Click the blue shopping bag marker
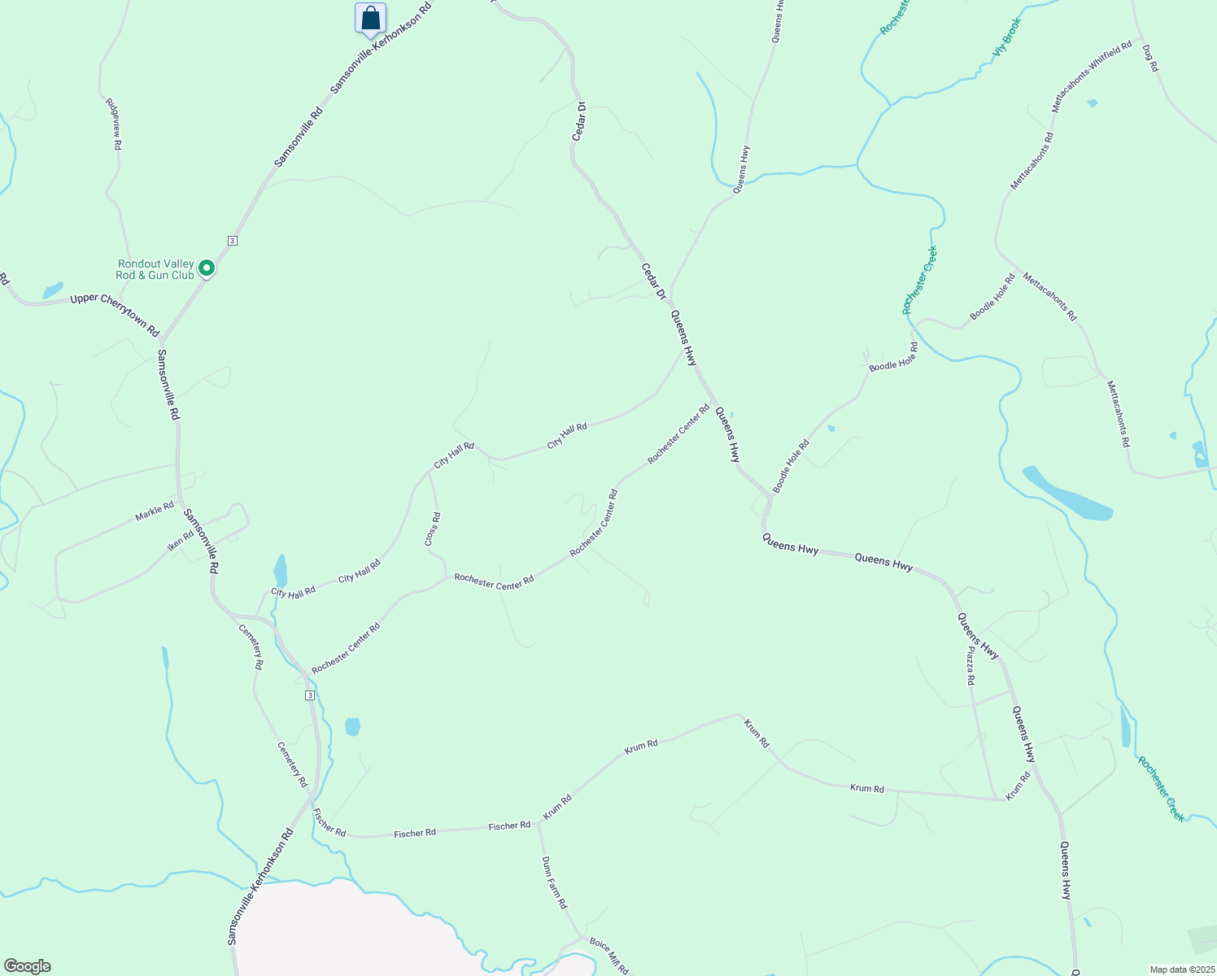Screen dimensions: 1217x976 370,18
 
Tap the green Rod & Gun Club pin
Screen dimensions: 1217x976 207,268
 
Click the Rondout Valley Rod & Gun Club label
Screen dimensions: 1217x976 155,269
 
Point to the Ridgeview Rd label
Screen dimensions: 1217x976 113,124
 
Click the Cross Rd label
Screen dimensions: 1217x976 432,529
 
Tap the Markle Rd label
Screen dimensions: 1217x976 155,512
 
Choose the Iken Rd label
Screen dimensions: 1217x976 181,540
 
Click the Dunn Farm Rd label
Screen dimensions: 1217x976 554,882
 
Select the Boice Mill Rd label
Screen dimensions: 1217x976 608,956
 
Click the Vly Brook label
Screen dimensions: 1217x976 1005,37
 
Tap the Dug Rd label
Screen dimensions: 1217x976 1149,58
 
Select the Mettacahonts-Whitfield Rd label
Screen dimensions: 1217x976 1091,78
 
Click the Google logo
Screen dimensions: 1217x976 27,966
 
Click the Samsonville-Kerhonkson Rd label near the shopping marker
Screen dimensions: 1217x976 381,50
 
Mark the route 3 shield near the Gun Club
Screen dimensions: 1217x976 233,241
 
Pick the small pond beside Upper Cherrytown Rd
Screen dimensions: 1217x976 53,290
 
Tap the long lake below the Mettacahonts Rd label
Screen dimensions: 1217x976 1067,493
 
